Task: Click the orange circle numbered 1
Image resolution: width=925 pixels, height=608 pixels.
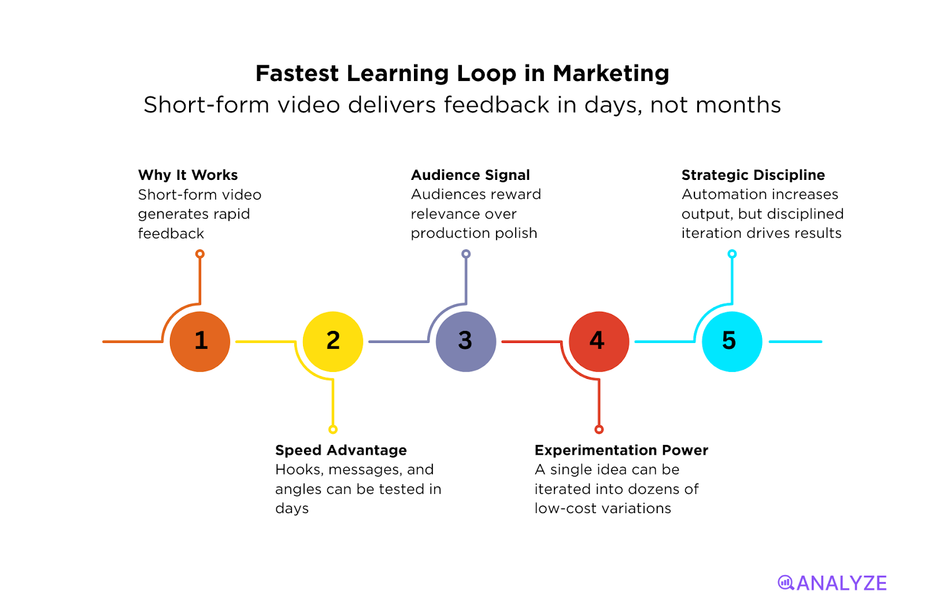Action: (200, 341)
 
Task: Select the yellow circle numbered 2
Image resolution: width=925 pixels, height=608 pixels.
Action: (333, 341)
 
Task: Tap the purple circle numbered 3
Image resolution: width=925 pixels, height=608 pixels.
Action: (466, 341)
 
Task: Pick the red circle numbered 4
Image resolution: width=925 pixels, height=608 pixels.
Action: (599, 341)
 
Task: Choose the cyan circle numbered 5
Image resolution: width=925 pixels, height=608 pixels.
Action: (732, 341)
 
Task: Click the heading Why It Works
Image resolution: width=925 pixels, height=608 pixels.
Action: (188, 175)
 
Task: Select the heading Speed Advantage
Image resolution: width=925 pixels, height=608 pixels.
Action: (341, 450)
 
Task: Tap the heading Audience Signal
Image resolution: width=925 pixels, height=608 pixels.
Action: (470, 175)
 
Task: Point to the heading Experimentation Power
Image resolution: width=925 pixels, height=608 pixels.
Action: (621, 450)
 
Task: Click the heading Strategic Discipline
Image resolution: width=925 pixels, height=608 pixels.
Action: (753, 175)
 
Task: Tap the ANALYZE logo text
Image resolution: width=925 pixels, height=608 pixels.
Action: (842, 583)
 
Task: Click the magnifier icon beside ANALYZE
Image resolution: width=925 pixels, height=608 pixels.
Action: (786, 583)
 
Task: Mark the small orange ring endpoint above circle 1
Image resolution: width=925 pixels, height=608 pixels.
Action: (200, 254)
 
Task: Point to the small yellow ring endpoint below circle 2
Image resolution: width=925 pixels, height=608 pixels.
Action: (333, 429)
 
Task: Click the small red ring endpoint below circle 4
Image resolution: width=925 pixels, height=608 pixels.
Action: (599, 429)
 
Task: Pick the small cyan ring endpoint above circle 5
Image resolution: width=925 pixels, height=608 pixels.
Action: (732, 254)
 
